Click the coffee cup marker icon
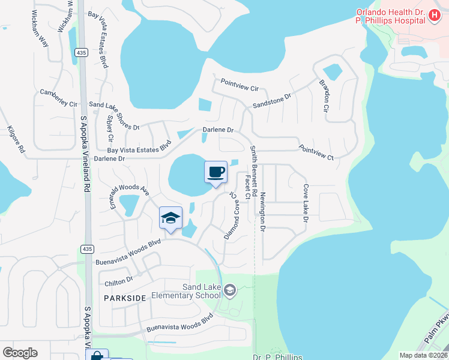coord(216,173)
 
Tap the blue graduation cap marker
coord(171,218)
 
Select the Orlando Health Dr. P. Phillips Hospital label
coord(390,16)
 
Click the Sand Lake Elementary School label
coord(185,292)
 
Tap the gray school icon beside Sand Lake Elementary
coord(229,292)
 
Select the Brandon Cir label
coord(325,96)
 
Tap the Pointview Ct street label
coord(316,152)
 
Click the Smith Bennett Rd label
coord(254,171)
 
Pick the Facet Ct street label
coord(247,188)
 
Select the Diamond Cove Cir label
coord(231,216)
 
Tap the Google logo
coord(20,353)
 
